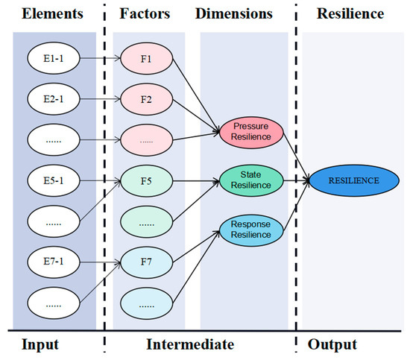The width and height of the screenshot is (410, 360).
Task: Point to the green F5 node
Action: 146,180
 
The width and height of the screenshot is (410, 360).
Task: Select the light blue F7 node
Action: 146,262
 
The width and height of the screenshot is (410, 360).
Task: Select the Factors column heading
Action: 145,14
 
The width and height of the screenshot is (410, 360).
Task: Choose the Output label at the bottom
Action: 332,345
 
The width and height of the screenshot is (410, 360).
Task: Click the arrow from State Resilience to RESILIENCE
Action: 297,180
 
